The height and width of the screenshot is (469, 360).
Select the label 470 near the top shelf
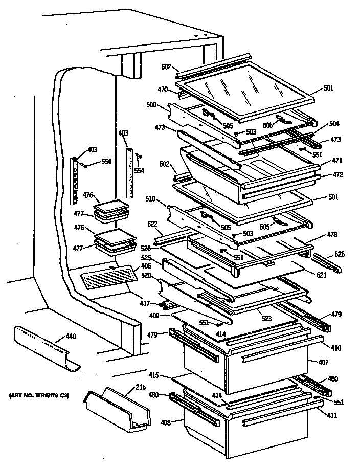coord(163,89)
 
